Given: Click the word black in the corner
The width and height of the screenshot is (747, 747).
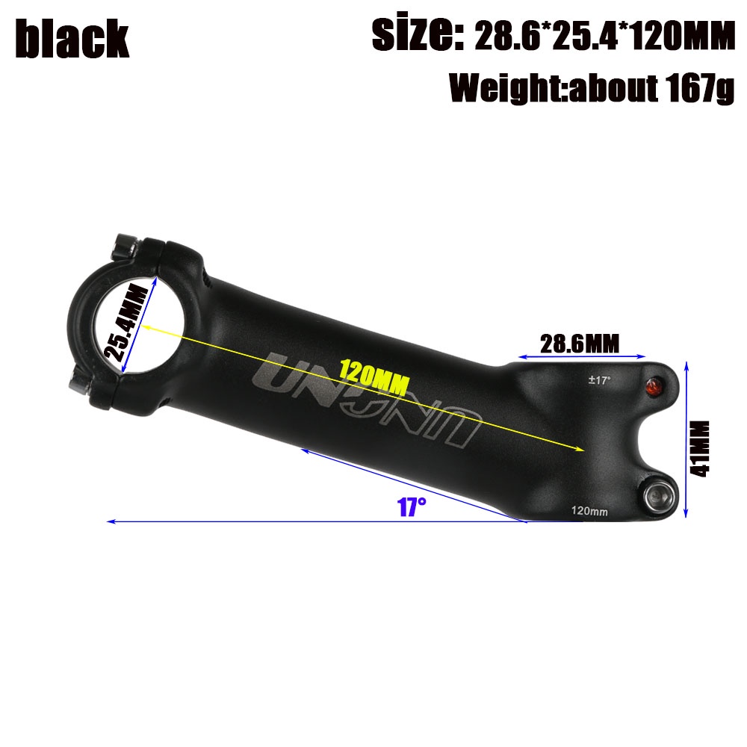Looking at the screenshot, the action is [x=72, y=39].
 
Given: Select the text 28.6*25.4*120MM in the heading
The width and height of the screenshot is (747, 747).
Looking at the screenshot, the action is [x=605, y=36].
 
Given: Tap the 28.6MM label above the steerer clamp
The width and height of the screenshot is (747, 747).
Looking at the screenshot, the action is [x=580, y=344].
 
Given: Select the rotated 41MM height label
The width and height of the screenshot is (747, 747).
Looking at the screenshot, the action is [x=700, y=449].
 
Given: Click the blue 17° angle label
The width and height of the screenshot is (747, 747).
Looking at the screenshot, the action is [x=412, y=506].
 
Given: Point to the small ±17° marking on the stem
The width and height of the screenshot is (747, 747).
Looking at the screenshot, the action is [x=599, y=380].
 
